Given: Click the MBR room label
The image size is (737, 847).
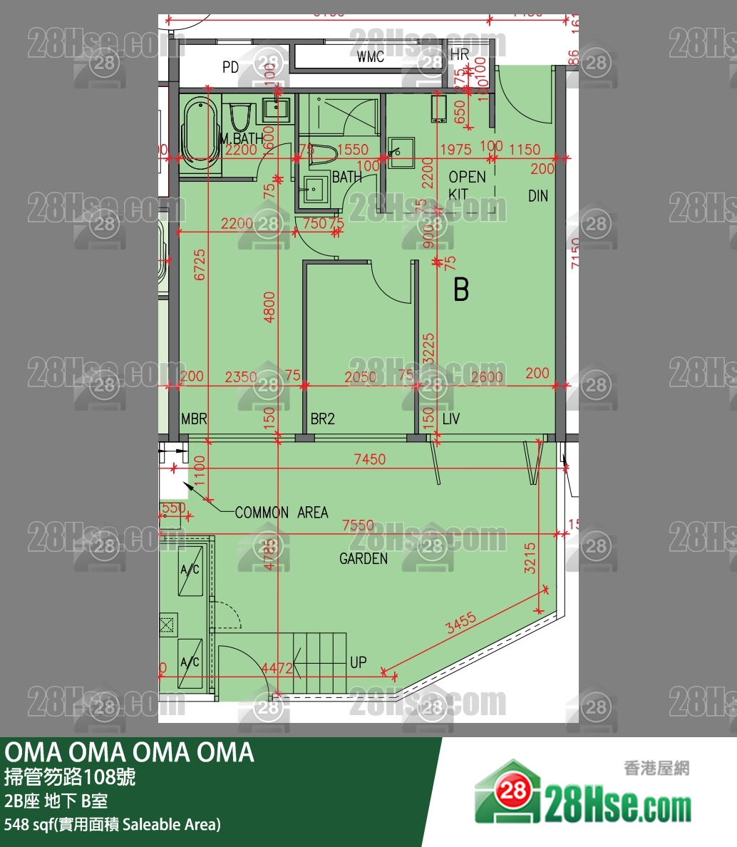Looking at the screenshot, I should pos(194,419).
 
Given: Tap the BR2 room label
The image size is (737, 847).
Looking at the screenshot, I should pos(322,419).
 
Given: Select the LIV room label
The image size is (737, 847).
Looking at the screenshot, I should pos(450,419).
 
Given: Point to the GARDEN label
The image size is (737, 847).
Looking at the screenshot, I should pos(364,559).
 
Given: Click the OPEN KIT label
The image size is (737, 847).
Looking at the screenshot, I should pos(467,185).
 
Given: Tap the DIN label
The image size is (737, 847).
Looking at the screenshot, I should pos(538,195).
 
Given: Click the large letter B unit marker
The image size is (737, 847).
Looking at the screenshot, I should pos(461,290).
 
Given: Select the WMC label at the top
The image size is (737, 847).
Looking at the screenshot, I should pos(371,57).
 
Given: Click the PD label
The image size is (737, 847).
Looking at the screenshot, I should pos(230,68).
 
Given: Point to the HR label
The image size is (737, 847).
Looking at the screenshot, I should pos(460,54).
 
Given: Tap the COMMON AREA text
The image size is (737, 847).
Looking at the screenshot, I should pos(282,513).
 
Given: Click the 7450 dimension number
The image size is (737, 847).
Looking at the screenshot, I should pos(370,460).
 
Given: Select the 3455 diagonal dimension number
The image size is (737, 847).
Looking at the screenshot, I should pos(460,625).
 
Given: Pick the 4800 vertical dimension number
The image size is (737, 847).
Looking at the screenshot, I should pos(269,307).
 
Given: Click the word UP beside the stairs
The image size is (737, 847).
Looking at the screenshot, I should pos(358,662).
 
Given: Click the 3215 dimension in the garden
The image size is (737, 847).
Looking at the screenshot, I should pos(530,558).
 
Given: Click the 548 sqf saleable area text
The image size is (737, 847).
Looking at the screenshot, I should pos(113,825).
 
